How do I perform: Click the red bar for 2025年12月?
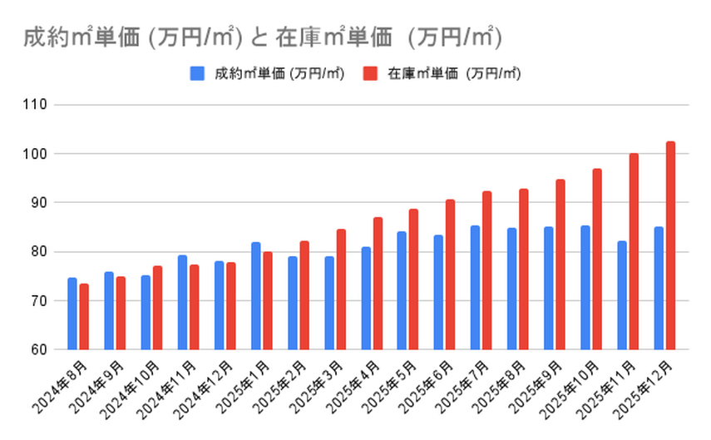670,245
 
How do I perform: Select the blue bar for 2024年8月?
72,314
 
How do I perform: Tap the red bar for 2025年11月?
634,251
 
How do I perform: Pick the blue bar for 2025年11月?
622,295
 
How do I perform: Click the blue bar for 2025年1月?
255,296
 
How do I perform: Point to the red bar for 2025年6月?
450,274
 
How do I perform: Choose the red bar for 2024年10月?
157,308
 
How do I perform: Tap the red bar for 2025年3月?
340,289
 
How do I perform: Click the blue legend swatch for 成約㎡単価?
197,73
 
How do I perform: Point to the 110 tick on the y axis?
37,106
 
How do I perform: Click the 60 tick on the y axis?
40,349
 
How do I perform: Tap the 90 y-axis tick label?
40,203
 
